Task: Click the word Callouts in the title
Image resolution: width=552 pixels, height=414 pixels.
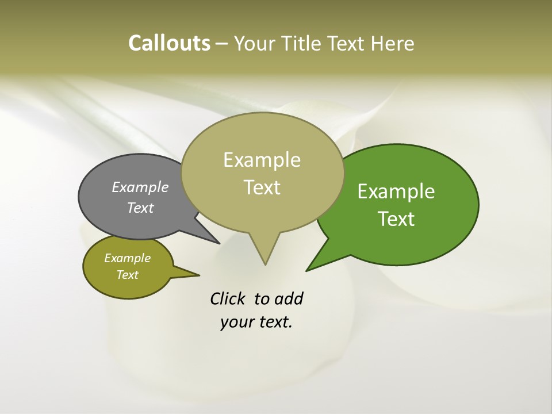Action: coord(169,43)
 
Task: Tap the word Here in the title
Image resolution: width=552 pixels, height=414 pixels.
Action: coord(393,44)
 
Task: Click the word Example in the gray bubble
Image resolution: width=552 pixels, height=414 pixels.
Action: coord(140,187)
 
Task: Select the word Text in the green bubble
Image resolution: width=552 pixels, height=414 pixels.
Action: coord(397,219)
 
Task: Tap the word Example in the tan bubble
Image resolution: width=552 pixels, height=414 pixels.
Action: coord(262,160)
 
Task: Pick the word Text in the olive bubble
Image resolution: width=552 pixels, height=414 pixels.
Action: coord(128,275)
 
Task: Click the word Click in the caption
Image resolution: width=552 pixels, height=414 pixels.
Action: coord(228,299)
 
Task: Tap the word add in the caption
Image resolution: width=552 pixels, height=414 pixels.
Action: coord(289,299)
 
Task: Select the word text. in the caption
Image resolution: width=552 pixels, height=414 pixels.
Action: coord(273,323)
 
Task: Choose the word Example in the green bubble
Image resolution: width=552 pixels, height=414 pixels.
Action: coord(396,191)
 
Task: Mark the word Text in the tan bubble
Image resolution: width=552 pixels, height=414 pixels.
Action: coord(262,187)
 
